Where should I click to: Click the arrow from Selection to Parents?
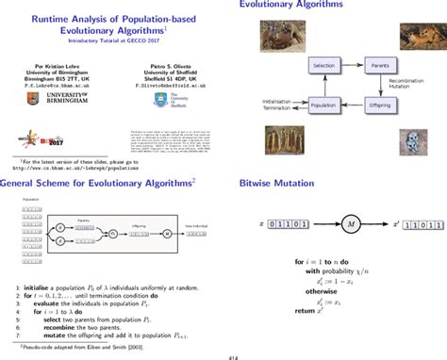(x=353, y=67)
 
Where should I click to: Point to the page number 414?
(x=223, y=354)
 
